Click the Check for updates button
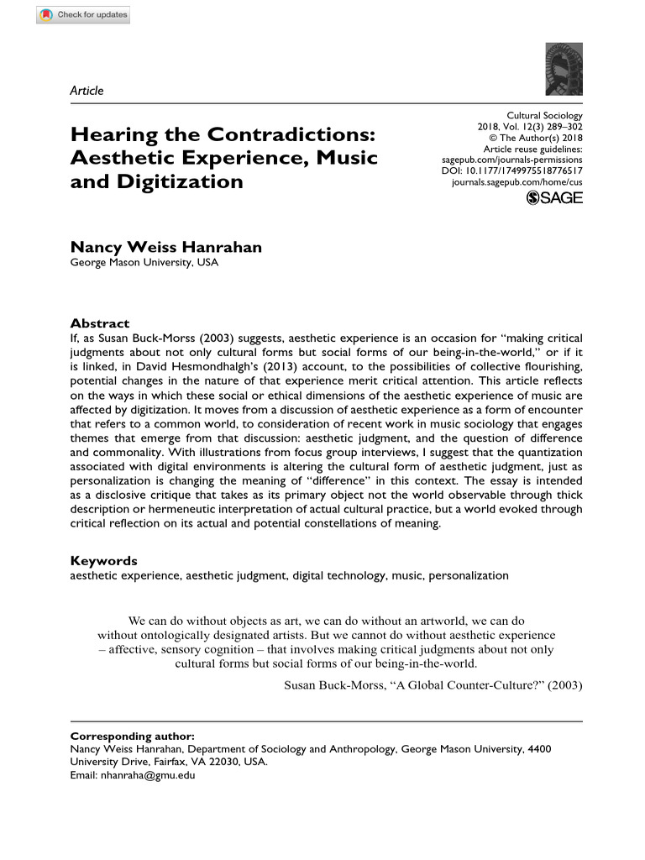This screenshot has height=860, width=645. [83, 15]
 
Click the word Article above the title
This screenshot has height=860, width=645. [87, 91]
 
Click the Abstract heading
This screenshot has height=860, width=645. [99, 323]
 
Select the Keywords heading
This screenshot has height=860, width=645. [103, 561]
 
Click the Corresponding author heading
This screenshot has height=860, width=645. [132, 735]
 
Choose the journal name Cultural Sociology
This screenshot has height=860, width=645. [544, 116]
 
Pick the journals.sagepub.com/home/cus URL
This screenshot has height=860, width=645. [517, 180]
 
